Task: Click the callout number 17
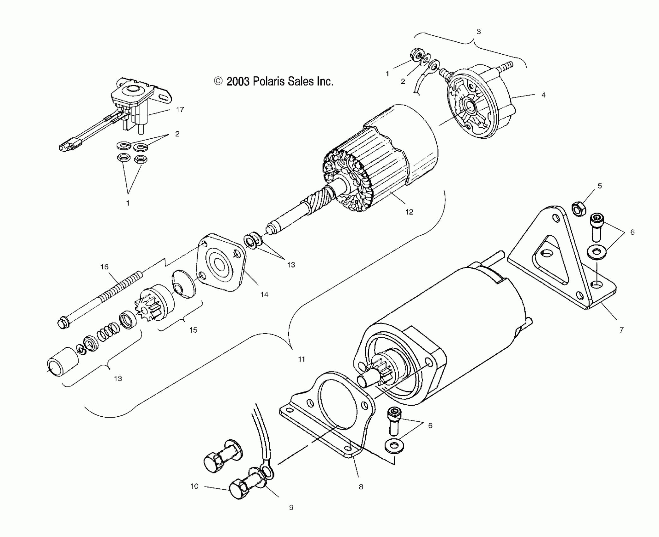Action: click(x=180, y=110)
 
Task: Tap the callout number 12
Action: click(x=409, y=212)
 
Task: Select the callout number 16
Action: click(x=104, y=267)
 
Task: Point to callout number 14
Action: click(x=264, y=294)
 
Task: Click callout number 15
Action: click(x=193, y=330)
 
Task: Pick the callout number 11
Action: click(x=302, y=359)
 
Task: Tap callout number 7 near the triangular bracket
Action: click(x=621, y=330)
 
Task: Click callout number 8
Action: click(x=361, y=487)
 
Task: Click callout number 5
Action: click(x=600, y=186)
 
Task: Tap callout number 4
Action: click(x=543, y=95)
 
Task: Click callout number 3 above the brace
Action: click(x=479, y=32)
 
